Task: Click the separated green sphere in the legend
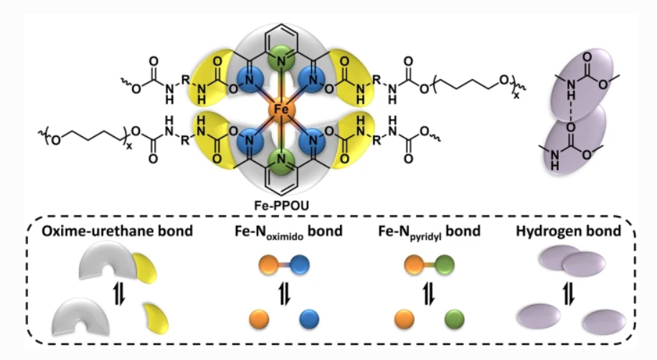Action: coord(453,318)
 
